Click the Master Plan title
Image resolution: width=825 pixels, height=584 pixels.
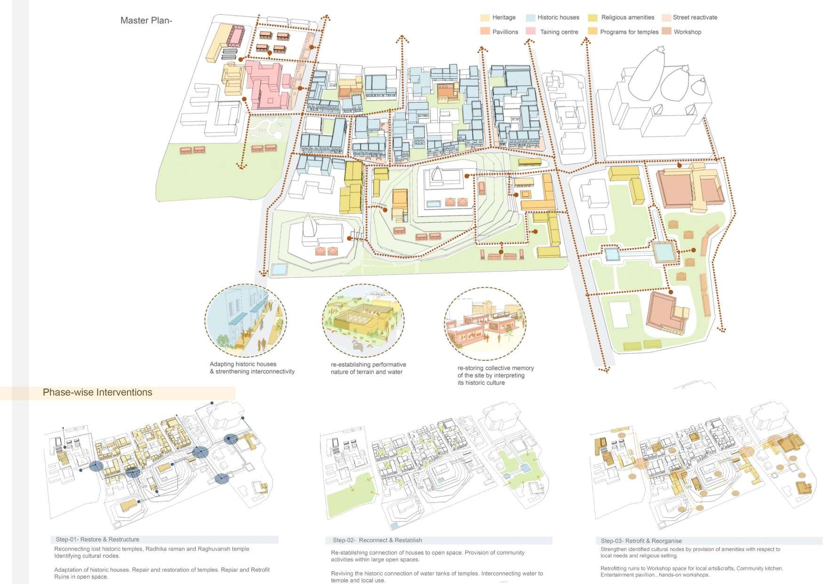click(x=146, y=20)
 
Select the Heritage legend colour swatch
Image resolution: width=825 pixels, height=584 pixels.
click(x=485, y=18)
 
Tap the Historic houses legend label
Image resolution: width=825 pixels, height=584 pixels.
click(x=558, y=17)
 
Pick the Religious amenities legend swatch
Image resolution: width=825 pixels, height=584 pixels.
click(x=593, y=18)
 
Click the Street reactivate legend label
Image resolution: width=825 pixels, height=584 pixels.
click(x=695, y=17)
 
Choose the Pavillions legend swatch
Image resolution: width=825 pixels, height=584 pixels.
click(x=485, y=32)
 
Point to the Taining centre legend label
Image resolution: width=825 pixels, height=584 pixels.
click(x=559, y=32)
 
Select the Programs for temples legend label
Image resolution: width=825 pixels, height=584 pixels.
click(x=629, y=32)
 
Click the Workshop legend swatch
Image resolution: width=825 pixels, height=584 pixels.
click(x=666, y=32)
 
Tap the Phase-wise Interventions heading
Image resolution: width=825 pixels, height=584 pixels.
click(x=97, y=392)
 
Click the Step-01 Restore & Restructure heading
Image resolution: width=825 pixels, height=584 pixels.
click(x=97, y=539)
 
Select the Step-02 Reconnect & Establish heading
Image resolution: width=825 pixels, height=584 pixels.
click(x=377, y=540)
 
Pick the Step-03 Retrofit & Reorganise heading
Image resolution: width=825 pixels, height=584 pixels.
click(x=641, y=541)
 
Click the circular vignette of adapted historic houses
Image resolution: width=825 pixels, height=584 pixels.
click(x=245, y=320)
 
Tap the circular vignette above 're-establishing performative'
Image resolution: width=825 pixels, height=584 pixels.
click(x=363, y=320)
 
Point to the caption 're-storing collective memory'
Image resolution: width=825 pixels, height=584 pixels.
click(x=495, y=368)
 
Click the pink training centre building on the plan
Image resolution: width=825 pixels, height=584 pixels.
click(x=266, y=85)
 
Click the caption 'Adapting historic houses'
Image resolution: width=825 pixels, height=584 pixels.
click(x=243, y=364)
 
